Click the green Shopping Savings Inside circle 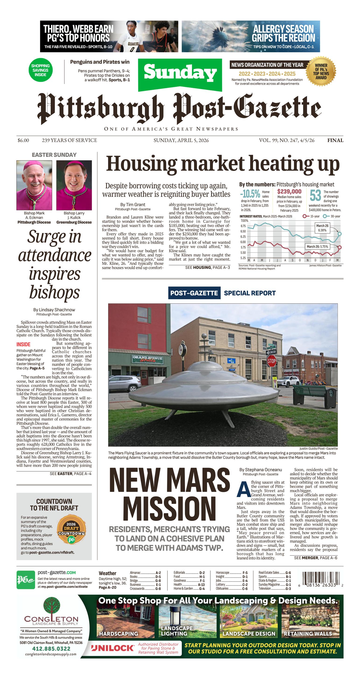[x=40, y=70]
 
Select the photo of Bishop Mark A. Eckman [x=34, y=185]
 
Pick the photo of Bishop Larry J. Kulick [x=74, y=185]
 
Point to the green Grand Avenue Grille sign [x=147, y=358]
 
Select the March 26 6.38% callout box [x=322, y=228]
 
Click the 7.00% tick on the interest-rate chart [x=244, y=221]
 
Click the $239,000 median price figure [x=289, y=192]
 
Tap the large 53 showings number [x=315, y=196]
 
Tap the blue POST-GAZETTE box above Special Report [x=194, y=293]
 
